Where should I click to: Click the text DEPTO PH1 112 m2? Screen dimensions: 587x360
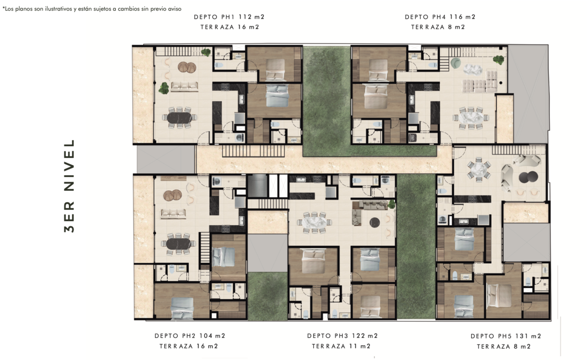coord(229,17)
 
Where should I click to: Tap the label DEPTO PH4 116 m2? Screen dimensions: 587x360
coord(440,17)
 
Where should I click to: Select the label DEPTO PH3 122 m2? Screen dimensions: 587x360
coord(342,336)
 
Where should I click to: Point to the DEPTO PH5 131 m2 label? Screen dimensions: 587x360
coord(506,336)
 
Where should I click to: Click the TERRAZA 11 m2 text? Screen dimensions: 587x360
coord(341,346)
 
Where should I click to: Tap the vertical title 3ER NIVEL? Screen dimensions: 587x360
coord(69,186)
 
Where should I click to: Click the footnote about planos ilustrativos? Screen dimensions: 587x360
coord(92,9)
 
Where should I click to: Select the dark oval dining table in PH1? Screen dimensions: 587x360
coord(180,118)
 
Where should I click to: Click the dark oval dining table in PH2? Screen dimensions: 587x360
coord(179,244)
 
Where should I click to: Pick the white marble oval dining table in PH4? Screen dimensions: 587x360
coord(471,118)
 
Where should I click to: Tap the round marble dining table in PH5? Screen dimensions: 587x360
coord(479,169)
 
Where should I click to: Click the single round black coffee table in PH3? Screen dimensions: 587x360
coord(375,223)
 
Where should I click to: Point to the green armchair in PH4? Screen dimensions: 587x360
coord(456,63)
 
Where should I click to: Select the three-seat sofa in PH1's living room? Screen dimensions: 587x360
coord(184,86)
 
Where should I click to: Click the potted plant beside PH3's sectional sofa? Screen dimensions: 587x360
coord(391,204)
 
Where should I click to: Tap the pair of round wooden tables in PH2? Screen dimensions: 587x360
coord(172,195)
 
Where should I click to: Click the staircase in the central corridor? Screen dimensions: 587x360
coord(253,151)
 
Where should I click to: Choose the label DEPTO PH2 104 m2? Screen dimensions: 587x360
coord(190,336)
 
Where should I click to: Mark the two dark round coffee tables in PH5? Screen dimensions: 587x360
coord(528,177)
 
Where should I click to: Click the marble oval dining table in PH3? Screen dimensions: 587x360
coord(315,223)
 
